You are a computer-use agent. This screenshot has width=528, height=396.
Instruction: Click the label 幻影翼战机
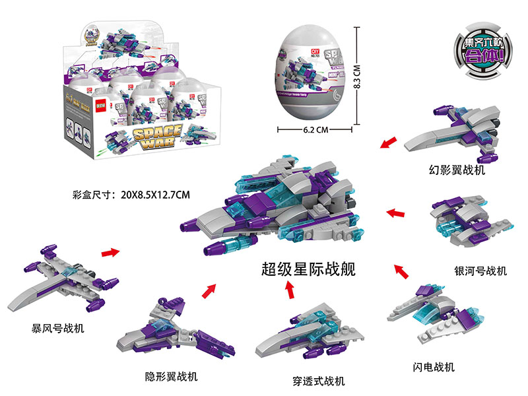(x=457, y=171)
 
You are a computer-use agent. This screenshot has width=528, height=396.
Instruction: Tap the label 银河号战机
(x=480, y=271)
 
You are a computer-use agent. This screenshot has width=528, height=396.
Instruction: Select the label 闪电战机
(x=432, y=367)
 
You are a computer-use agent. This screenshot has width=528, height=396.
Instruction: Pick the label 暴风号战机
(x=58, y=327)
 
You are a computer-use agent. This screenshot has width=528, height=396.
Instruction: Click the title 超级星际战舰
(x=308, y=269)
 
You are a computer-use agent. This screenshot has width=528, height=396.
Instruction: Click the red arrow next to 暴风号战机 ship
(x=110, y=251)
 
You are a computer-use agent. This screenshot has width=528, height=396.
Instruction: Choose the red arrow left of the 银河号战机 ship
(x=395, y=213)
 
